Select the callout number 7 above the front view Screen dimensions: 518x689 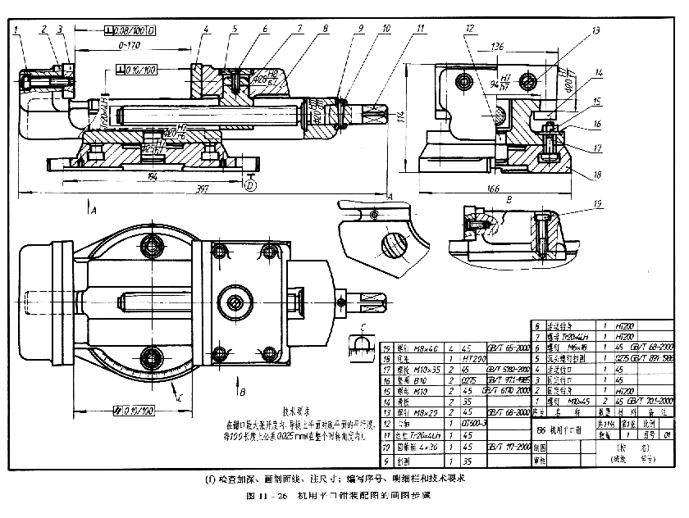(300, 29)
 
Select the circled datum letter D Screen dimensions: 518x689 (251, 185)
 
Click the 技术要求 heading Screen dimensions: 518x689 (299, 412)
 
